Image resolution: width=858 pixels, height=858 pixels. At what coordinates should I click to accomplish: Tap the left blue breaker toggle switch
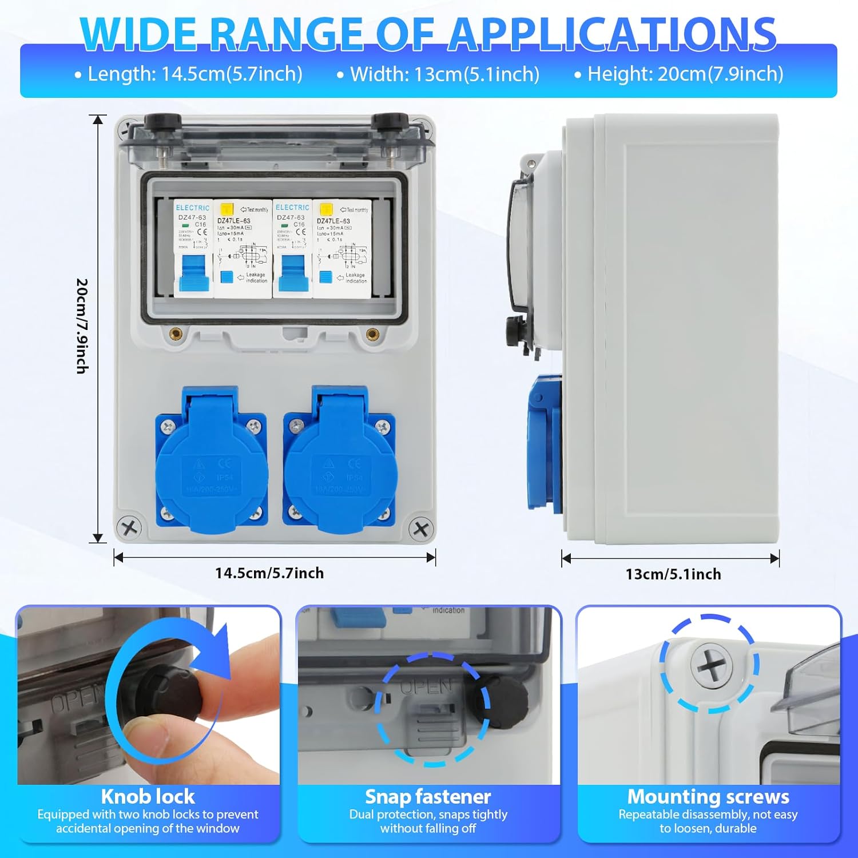(x=193, y=272)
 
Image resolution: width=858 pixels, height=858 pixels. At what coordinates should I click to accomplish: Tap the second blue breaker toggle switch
(x=293, y=272)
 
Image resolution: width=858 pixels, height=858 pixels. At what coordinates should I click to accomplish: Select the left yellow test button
(x=227, y=209)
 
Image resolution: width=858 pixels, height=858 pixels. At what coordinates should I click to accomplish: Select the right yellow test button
(x=326, y=209)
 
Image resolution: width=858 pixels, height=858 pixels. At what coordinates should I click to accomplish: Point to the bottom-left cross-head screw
(x=129, y=527)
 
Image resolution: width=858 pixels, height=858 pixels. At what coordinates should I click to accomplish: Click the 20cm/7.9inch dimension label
(x=82, y=326)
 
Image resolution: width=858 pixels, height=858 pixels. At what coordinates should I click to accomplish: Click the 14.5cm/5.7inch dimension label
(x=269, y=573)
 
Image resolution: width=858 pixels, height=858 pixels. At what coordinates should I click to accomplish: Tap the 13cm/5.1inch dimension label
(x=673, y=574)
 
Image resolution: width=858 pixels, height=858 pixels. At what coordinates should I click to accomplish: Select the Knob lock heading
(x=148, y=796)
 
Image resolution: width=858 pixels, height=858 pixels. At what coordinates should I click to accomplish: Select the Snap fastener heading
(x=428, y=796)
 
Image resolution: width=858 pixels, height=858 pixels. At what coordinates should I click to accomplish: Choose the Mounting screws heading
(x=708, y=796)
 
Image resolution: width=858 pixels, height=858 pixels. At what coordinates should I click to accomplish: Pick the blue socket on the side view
(x=543, y=443)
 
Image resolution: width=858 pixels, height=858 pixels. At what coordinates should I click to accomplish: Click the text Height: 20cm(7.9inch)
(x=685, y=74)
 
